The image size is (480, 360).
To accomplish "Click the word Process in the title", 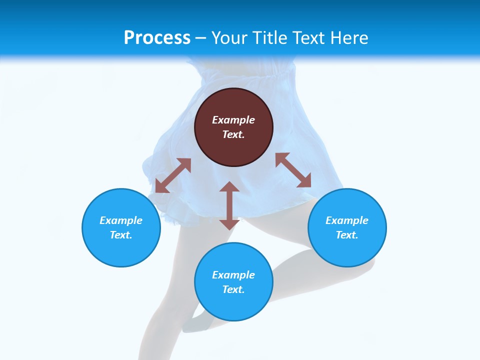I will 157,38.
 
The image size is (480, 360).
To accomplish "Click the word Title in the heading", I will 270,38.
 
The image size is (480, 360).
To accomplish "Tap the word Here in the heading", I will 348,38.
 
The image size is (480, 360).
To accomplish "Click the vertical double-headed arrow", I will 229,205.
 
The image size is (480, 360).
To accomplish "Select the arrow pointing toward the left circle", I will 173,175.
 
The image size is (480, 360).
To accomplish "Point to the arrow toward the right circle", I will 293,170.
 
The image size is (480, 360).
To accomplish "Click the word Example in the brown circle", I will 233,120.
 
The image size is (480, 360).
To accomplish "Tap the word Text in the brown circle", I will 232,134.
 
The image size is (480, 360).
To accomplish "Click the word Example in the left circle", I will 121,220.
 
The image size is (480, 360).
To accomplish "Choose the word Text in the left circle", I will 120,235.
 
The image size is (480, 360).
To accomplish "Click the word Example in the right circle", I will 347,220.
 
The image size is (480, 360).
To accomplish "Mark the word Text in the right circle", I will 346,235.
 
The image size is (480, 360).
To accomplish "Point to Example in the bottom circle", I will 233,275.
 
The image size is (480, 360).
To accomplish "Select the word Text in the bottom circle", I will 232,289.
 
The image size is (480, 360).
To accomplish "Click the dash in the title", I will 201,38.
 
